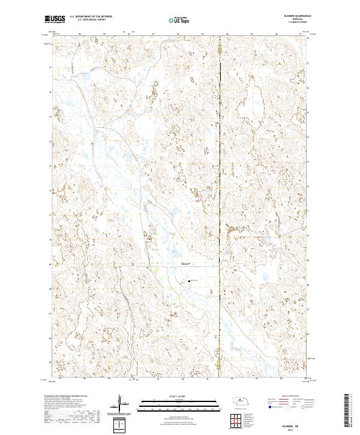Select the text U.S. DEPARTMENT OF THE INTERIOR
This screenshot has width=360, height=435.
91,17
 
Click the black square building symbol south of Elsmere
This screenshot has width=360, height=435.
190,280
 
